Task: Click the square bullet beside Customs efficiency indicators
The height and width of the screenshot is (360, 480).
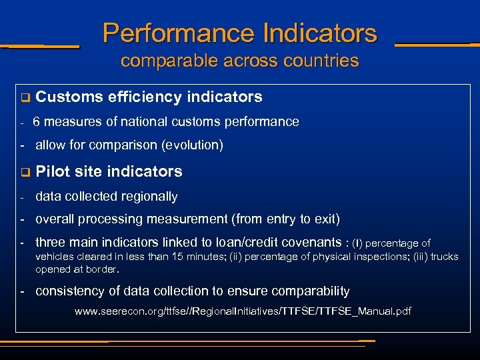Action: tap(25, 98)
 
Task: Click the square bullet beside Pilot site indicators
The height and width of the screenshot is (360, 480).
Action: tap(25, 173)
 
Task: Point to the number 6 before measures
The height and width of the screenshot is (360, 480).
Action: tap(37, 122)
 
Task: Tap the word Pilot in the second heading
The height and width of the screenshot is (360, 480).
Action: tap(51, 172)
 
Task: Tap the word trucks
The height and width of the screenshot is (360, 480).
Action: tap(444, 257)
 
